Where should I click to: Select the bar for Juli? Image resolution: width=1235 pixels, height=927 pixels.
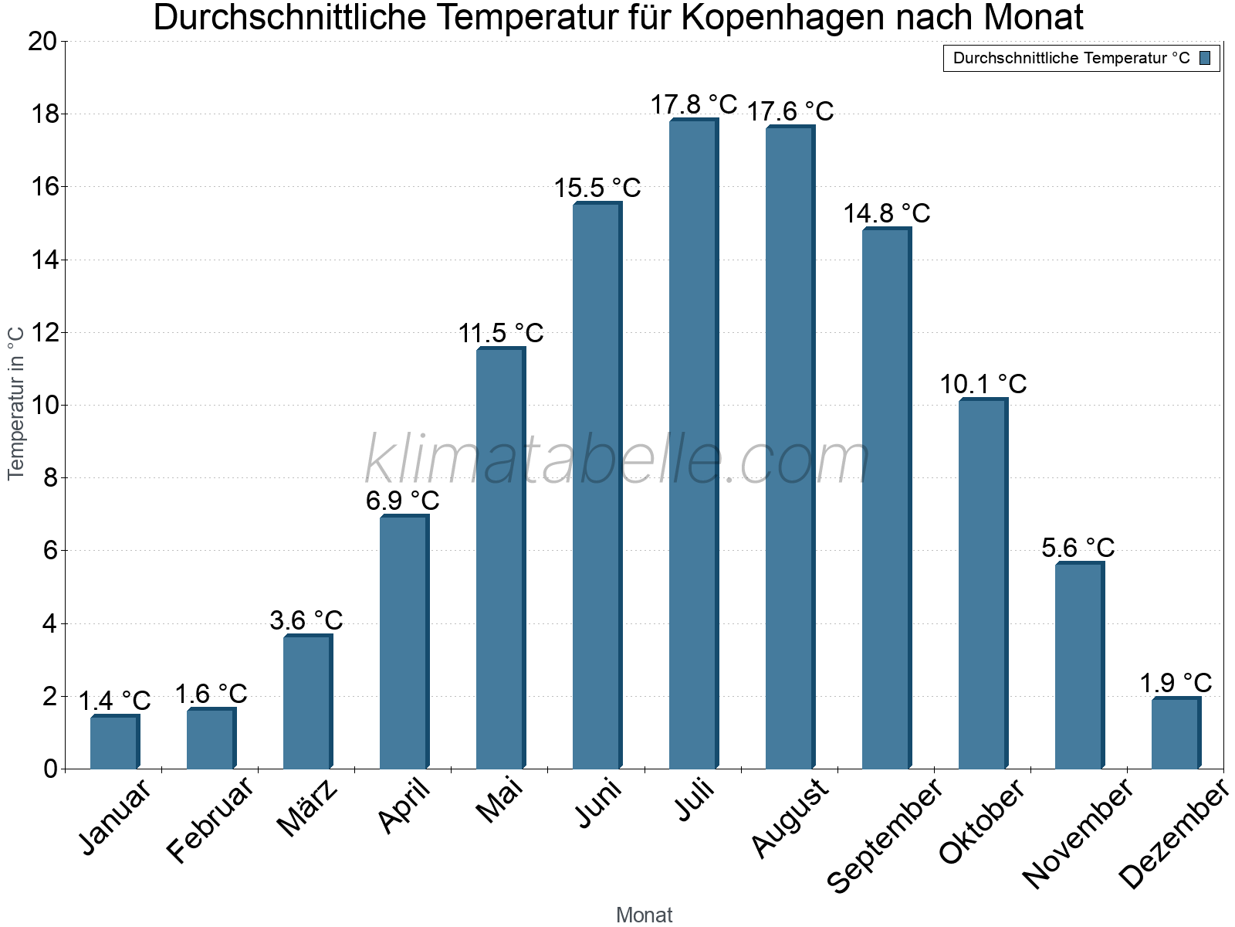(x=693, y=444)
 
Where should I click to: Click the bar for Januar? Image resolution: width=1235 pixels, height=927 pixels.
(x=114, y=742)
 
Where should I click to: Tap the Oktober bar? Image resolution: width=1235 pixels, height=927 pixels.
(x=983, y=584)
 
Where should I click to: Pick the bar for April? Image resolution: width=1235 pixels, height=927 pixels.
(x=404, y=642)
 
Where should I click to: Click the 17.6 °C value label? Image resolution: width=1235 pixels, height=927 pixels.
(x=790, y=112)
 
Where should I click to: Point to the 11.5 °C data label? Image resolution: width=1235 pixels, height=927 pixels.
(x=501, y=334)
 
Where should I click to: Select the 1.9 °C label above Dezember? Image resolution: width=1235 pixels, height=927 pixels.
(x=1176, y=683)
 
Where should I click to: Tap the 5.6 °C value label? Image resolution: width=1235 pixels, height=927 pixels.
(x=1078, y=548)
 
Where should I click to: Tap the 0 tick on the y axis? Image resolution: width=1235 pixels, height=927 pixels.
(x=51, y=769)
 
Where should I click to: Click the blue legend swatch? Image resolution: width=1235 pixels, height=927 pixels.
(x=1205, y=58)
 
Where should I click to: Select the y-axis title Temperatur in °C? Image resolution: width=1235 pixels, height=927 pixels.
(x=16, y=403)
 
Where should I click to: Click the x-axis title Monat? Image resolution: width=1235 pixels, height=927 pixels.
(x=644, y=915)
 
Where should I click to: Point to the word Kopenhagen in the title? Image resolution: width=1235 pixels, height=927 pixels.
(x=780, y=18)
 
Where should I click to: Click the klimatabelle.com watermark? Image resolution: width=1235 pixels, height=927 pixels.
(x=617, y=460)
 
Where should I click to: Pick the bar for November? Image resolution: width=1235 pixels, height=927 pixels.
(x=1079, y=666)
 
